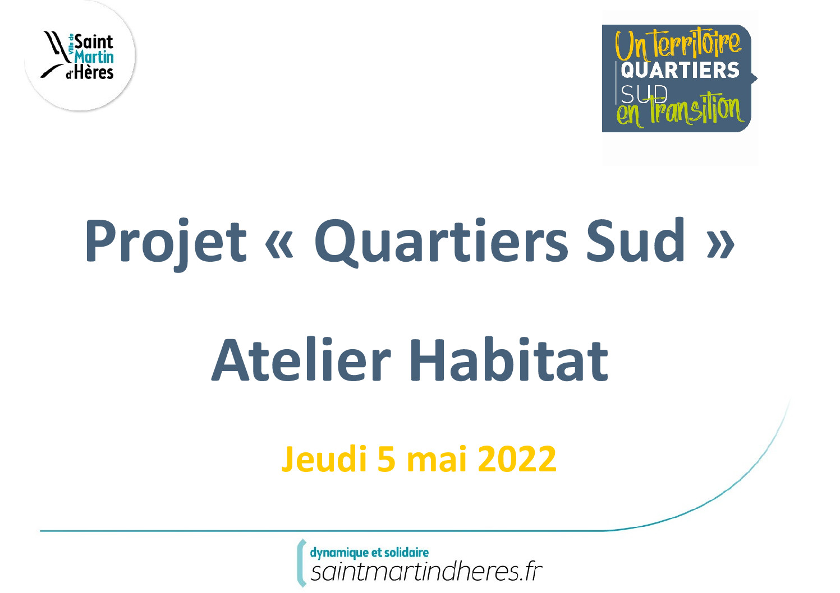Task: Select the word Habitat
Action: click(x=508, y=360)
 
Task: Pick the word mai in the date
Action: click(x=437, y=459)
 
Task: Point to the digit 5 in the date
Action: click(x=387, y=459)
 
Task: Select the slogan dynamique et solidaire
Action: click(x=369, y=553)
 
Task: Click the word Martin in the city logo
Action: click(x=94, y=57)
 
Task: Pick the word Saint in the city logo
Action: click(x=94, y=42)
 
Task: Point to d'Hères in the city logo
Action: click(x=90, y=72)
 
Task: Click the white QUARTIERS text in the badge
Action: click(x=680, y=71)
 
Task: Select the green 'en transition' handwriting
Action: click(x=680, y=111)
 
